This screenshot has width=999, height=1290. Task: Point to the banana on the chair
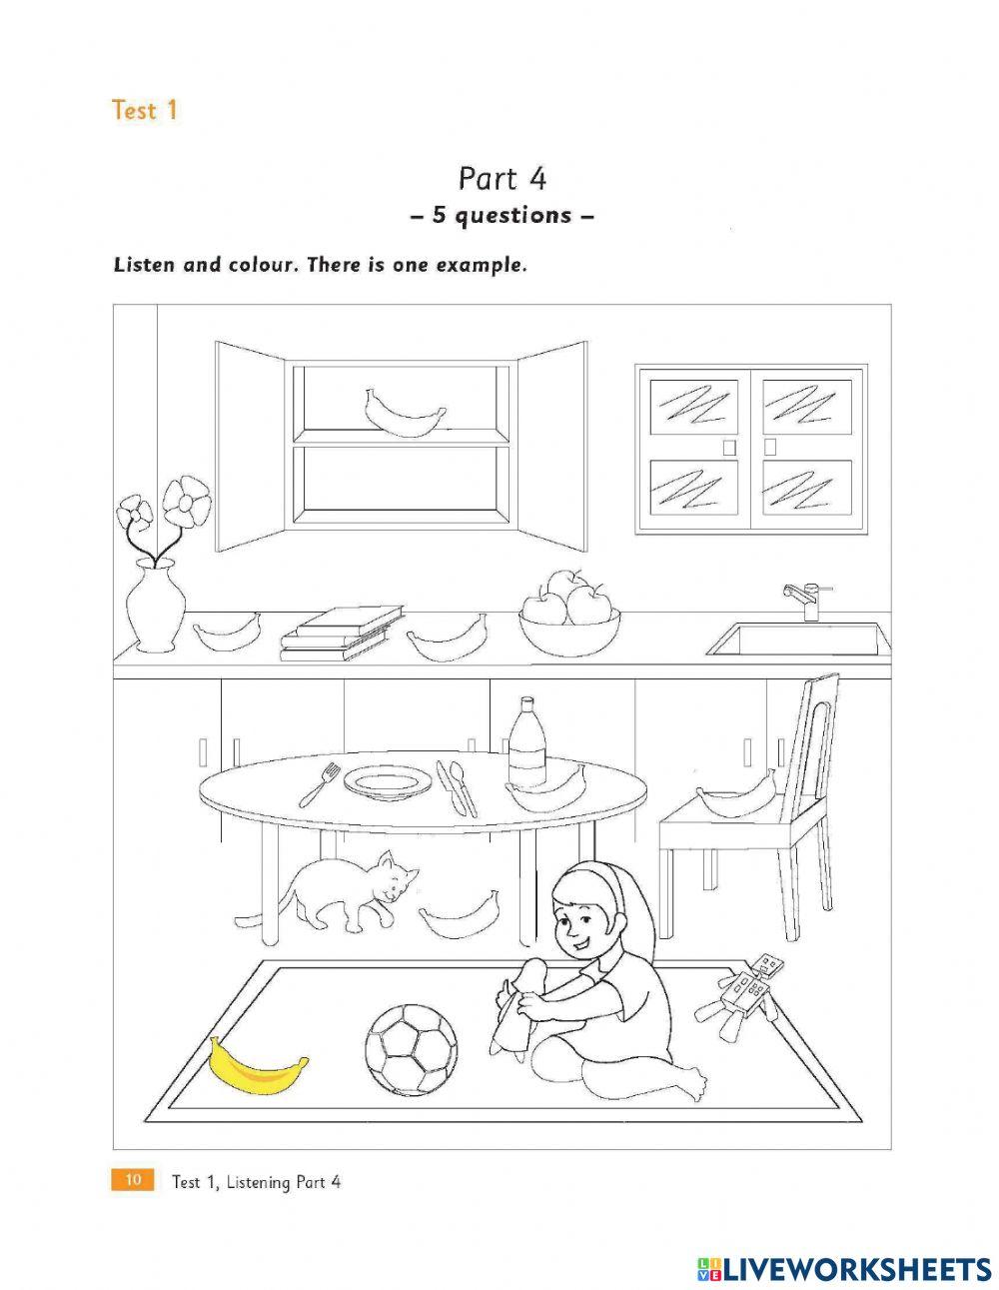(x=736, y=797)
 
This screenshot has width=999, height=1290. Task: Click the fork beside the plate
(x=320, y=784)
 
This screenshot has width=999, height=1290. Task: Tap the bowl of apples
(x=568, y=615)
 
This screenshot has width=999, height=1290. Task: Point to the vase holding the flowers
(x=155, y=605)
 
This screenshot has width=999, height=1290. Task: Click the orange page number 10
(x=132, y=1180)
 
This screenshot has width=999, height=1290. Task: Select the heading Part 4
(x=501, y=179)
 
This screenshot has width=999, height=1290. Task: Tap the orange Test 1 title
(x=144, y=110)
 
